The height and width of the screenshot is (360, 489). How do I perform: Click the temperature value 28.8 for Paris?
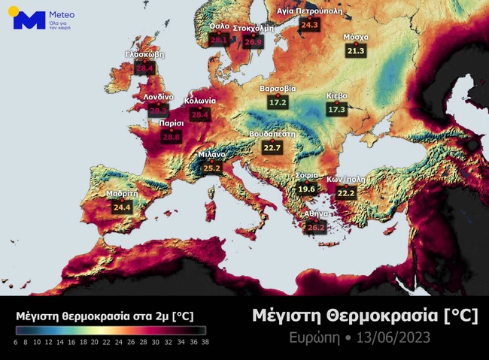click(172, 137)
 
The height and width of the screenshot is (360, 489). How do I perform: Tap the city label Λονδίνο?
click(158, 97)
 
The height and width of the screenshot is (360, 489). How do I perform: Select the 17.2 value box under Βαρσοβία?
click(278, 101)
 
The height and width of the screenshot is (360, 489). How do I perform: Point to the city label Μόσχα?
click(356, 37)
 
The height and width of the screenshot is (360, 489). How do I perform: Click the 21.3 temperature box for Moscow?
click(356, 50)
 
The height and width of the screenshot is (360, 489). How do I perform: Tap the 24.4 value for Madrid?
click(122, 207)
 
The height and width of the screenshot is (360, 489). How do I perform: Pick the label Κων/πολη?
click(345, 180)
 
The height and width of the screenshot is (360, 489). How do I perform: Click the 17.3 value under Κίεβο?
click(336, 109)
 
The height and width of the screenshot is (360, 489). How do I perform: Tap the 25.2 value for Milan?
click(212, 168)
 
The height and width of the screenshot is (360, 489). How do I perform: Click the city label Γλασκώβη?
click(144, 55)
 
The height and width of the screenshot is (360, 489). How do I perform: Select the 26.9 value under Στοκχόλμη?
click(254, 42)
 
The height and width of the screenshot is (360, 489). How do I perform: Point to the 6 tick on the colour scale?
click(16, 341)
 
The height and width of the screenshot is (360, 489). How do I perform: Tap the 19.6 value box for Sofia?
click(306, 189)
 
